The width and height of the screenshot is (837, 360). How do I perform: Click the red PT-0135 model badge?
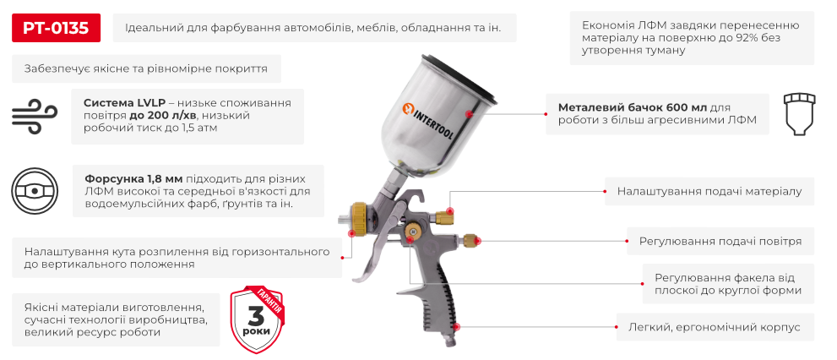pyautogui.click(x=56, y=28)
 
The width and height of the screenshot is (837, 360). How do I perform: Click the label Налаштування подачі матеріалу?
pyautogui.click(x=709, y=192)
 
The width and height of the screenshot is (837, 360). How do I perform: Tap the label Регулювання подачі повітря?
pyautogui.click(x=720, y=242)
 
